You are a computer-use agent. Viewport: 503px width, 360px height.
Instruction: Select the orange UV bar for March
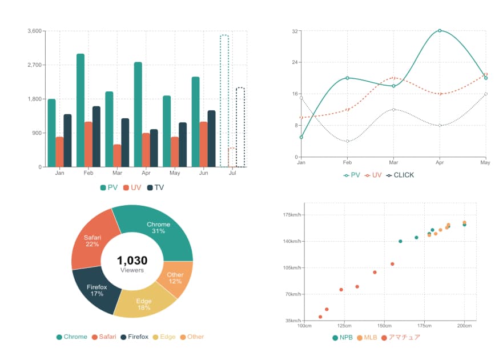(117, 155)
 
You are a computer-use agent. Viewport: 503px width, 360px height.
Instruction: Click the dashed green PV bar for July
(224, 101)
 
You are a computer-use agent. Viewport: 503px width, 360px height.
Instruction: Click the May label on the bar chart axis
(175, 173)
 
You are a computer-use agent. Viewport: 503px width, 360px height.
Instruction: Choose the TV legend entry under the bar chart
(155, 187)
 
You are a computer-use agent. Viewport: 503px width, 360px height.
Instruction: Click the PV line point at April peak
(440, 30)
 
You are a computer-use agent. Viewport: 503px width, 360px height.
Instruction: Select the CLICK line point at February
(347, 141)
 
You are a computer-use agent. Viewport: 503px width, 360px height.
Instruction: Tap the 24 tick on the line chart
(295, 62)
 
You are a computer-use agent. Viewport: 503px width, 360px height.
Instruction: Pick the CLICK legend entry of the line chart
(400, 175)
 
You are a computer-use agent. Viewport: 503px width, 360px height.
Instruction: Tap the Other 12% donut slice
(175, 278)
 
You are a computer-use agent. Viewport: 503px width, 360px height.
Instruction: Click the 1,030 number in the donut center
(132, 261)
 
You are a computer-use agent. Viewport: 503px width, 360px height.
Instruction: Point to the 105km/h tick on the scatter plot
(292, 267)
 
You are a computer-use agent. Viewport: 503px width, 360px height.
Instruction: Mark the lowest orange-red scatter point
(320, 317)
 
